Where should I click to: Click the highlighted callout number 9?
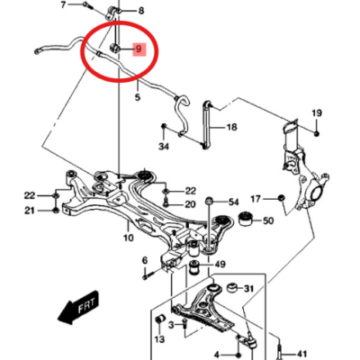tap(139, 49)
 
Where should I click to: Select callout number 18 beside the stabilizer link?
tap(232, 127)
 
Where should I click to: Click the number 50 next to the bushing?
tap(268, 221)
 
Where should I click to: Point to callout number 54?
tap(233, 202)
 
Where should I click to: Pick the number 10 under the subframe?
tap(129, 238)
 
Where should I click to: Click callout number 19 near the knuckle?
tap(317, 113)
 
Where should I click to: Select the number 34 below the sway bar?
tap(164, 147)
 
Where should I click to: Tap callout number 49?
tap(220, 265)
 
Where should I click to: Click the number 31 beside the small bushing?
tap(248, 289)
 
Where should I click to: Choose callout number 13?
tap(160, 339)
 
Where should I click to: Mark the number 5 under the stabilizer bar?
tap(138, 97)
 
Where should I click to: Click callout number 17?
tap(256, 199)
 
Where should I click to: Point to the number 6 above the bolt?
tap(145, 260)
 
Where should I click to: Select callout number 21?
tap(30, 211)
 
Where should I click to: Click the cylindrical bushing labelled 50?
tap(246, 220)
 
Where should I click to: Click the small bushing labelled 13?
tap(160, 321)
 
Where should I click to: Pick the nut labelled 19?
tap(317, 133)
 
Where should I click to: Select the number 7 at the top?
tap(63, 4)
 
